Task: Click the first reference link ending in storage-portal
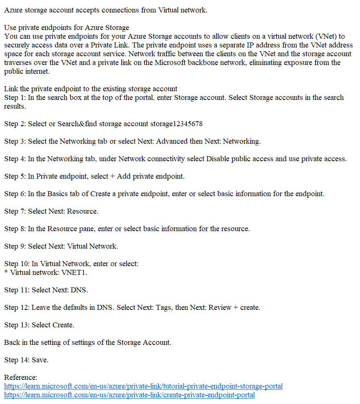[x=143, y=386]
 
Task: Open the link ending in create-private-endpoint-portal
[x=129, y=395]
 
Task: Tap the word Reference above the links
[x=20, y=377]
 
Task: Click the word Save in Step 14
[x=40, y=360]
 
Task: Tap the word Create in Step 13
[x=63, y=325]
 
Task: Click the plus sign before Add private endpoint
[x=112, y=176]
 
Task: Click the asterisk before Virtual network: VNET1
[x=6, y=272]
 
